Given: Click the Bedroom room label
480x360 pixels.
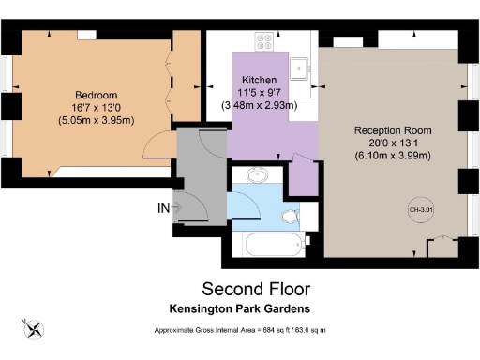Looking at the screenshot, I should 97,95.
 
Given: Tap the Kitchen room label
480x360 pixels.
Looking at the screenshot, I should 258,81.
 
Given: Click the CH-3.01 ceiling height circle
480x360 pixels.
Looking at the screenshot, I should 418,210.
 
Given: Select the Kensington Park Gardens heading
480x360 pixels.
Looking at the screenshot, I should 240,308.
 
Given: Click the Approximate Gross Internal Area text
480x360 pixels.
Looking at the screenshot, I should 240,332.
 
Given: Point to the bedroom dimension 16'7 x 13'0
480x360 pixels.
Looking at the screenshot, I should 97,107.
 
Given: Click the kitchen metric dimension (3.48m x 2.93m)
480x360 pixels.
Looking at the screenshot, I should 258,106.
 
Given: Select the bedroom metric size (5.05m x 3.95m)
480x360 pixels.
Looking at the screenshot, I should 97,119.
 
